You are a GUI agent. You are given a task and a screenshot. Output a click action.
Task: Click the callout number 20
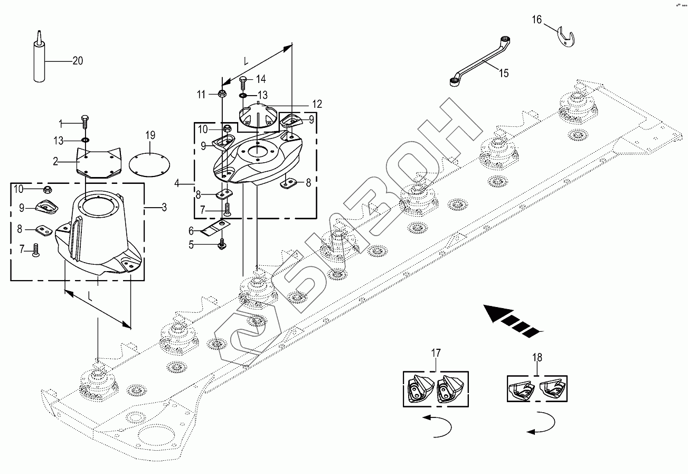point(78,61)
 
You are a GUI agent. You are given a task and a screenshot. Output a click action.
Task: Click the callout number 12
point(316,105)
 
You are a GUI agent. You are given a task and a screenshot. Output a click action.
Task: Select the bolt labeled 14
point(243,81)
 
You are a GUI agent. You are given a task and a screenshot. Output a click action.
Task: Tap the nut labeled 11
point(222,95)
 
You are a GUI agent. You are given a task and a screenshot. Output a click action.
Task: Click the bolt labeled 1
point(84,122)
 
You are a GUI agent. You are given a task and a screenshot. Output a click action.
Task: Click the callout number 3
point(164,208)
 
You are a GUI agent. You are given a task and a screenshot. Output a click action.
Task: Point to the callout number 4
point(178,184)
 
